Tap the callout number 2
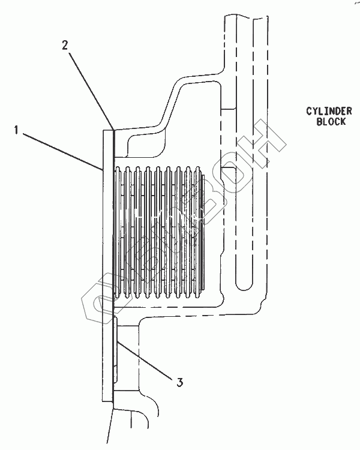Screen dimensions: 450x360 [65, 46]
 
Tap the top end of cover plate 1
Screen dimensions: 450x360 [107, 130]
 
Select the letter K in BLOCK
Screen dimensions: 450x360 [344, 121]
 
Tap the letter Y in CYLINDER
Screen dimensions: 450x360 [315, 111]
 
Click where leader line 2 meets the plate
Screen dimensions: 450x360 [112, 130]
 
